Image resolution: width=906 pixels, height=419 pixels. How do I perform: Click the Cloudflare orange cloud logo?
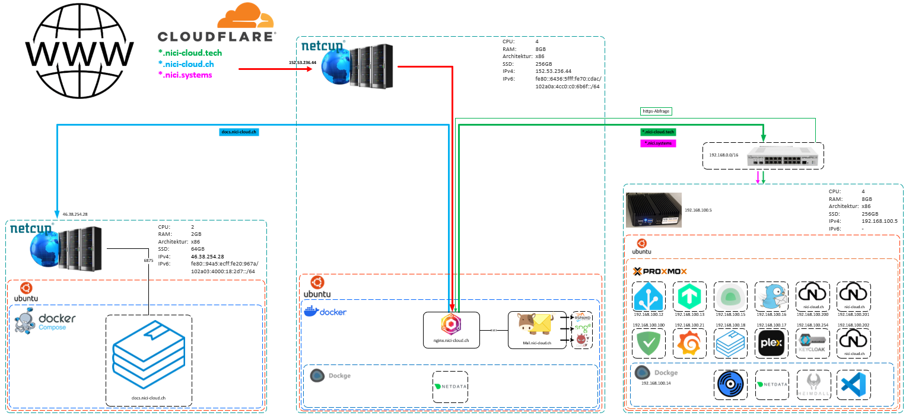coord(245,17)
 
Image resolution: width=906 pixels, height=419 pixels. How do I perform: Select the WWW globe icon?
coord(79,52)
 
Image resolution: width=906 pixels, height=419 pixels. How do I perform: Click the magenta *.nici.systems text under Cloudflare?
coord(185,75)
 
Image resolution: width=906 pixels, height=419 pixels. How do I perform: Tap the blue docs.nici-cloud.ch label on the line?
coord(239,132)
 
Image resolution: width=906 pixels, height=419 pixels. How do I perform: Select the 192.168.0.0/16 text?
coord(723,154)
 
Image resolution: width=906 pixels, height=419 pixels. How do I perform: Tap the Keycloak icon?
coord(812,343)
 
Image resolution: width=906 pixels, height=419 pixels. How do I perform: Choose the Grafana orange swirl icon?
coord(689,343)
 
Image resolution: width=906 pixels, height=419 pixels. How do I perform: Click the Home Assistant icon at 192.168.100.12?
coord(648,296)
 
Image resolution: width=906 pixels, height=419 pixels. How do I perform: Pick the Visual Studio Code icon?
coord(853,386)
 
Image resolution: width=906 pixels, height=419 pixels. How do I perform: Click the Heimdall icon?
coord(812,386)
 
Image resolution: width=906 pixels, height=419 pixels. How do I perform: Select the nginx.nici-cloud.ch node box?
coord(451,330)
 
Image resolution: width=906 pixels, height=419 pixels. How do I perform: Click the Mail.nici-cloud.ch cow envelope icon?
coord(533,326)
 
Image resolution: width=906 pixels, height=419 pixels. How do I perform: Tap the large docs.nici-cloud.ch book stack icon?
coord(148,359)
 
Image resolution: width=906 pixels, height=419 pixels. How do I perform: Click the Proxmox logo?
coord(660,271)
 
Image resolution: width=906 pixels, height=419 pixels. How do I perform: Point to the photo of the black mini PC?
coord(653,210)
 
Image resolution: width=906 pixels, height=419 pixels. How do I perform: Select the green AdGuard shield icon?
coord(648,344)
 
